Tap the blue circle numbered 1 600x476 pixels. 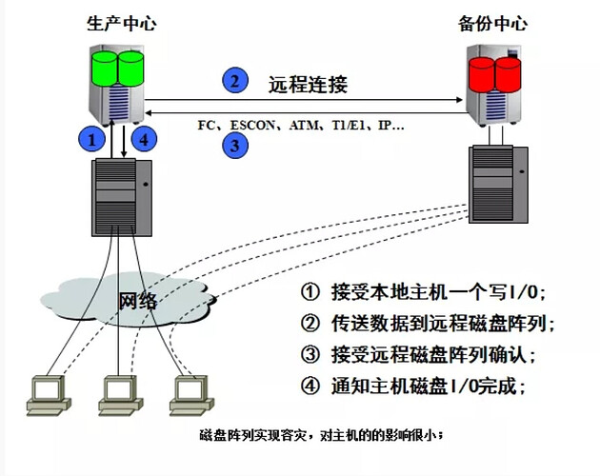(90, 139)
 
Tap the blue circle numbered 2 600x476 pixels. (233, 81)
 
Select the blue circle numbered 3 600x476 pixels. (233, 146)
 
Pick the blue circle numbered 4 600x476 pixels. (141, 139)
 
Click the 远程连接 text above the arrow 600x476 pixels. (309, 84)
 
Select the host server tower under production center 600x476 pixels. (116, 196)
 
